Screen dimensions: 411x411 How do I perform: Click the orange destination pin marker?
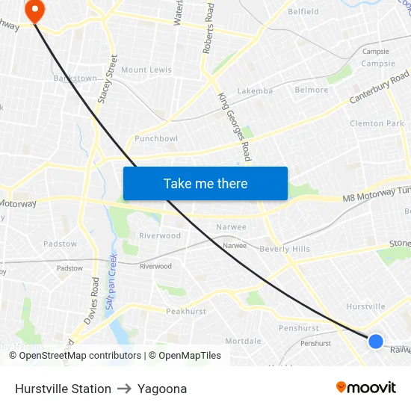(x=34, y=10)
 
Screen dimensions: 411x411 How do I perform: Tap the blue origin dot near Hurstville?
(x=376, y=341)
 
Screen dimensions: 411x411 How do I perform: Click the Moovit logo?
(x=366, y=387)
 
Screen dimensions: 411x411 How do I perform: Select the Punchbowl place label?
(x=156, y=139)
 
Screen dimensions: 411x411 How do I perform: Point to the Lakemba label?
(x=256, y=90)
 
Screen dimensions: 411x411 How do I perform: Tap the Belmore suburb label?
(x=312, y=90)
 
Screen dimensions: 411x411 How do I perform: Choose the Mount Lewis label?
(x=146, y=70)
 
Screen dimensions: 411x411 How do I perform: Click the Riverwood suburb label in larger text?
(x=160, y=235)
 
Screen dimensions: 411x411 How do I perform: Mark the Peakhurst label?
(x=185, y=311)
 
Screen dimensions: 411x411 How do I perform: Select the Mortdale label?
(x=244, y=341)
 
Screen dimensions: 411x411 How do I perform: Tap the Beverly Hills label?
(x=285, y=249)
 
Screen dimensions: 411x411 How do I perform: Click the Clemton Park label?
(x=377, y=123)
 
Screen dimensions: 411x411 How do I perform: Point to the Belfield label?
(x=303, y=11)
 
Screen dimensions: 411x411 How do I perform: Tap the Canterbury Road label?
(x=380, y=88)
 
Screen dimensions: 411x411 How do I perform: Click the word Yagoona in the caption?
(x=162, y=389)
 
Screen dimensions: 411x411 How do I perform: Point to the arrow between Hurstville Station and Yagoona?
(x=124, y=389)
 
